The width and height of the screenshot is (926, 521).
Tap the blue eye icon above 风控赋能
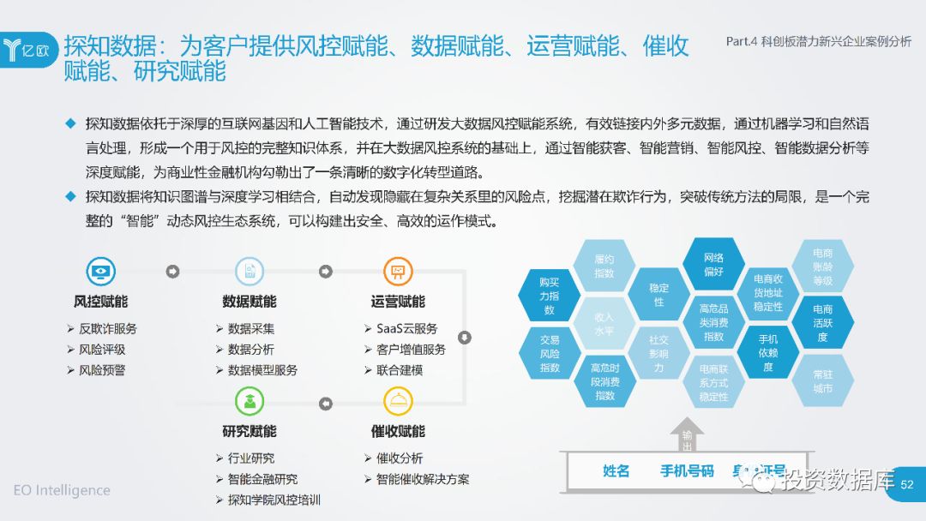click(100, 272)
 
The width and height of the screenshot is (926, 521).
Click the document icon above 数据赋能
click(250, 272)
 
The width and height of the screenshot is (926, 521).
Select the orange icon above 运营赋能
click(397, 272)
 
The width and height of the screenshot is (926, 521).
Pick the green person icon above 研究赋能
click(250, 402)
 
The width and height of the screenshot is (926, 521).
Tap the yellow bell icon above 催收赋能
click(397, 402)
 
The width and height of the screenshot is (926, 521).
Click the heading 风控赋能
click(100, 302)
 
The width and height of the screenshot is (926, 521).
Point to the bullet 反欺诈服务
click(107, 328)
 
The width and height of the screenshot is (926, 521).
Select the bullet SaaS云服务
click(406, 328)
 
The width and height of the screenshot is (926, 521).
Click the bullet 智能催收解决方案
click(422, 479)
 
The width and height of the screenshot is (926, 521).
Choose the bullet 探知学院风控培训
click(274, 500)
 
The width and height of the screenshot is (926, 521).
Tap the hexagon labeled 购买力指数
click(550, 296)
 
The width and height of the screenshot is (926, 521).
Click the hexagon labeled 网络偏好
click(713, 264)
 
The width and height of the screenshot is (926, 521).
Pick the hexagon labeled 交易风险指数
click(550, 353)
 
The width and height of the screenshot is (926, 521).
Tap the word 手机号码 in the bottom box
click(686, 471)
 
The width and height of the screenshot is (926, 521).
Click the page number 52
click(907, 485)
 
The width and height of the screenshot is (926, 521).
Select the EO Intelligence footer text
click(62, 490)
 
